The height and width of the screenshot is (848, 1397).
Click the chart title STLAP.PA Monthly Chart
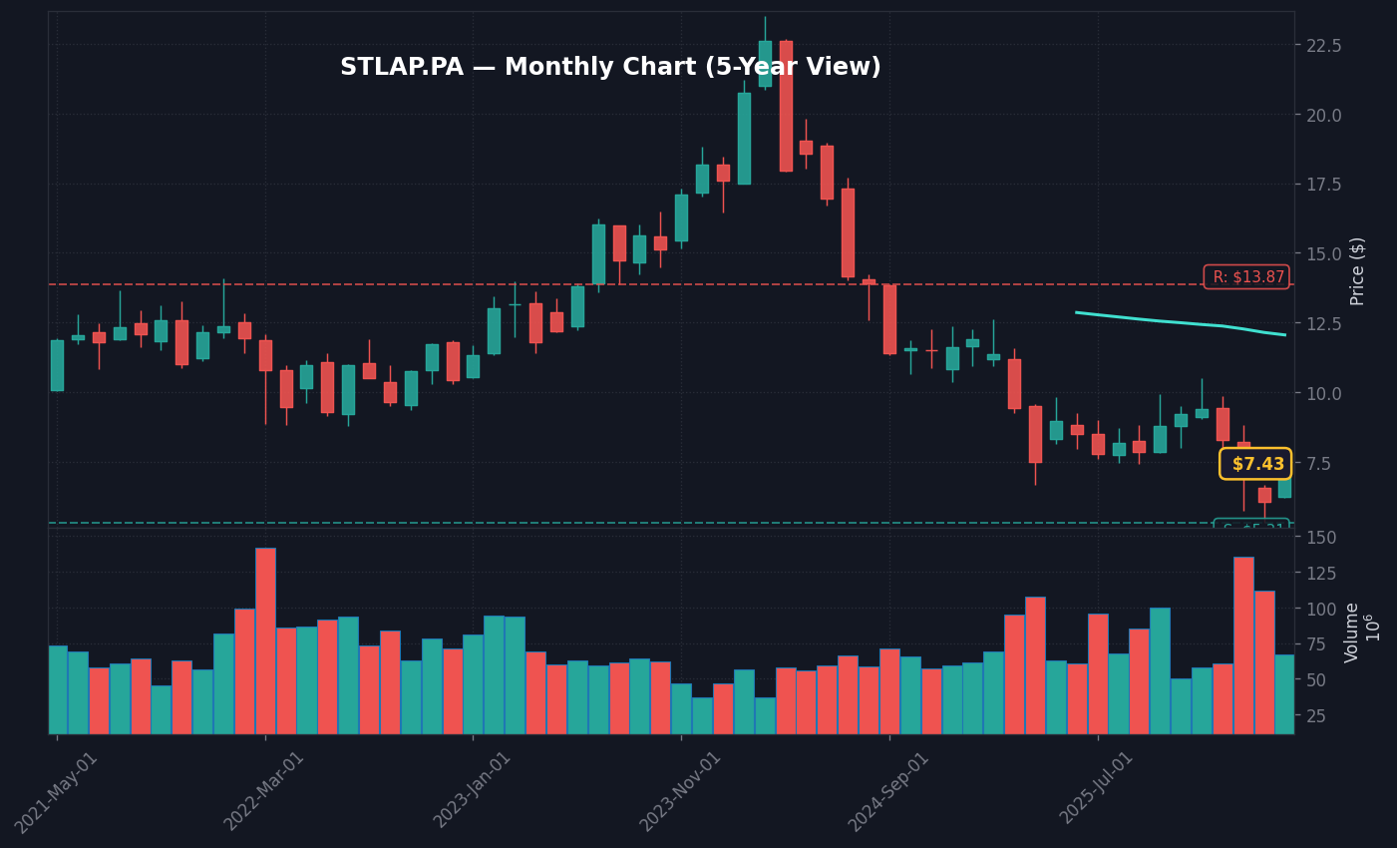pos(610,68)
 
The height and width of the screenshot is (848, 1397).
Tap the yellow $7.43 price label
pos(1256,464)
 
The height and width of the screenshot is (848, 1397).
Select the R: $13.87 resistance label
pos(1247,277)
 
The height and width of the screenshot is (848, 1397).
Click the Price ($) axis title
pos(1358,271)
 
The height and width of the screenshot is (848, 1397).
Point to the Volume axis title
pos(1353,633)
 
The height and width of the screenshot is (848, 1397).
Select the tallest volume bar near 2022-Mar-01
pos(265,640)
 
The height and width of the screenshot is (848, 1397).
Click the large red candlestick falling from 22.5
pos(786,106)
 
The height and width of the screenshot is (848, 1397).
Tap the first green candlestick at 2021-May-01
pos(57,365)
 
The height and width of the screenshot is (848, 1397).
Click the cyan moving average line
pos(1177,322)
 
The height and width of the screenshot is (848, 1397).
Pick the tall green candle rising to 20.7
pos(744,139)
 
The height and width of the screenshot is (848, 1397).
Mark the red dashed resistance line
pos(598,284)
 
